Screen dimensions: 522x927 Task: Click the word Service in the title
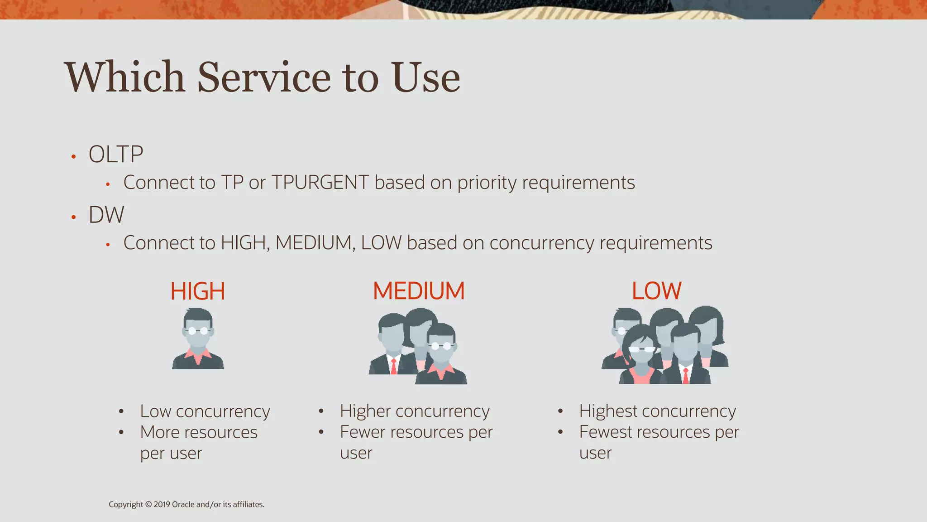[x=264, y=77]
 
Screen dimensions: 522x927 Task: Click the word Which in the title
[x=125, y=77]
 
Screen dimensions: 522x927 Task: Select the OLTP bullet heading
[x=116, y=154]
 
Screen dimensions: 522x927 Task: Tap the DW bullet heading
[x=106, y=215]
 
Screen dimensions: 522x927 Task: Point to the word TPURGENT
[x=320, y=183]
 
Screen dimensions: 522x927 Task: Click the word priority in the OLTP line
[x=487, y=183]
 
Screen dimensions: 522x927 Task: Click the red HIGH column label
[x=197, y=291]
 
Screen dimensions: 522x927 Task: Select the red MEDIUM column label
[x=419, y=291]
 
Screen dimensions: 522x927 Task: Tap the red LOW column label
[x=656, y=291]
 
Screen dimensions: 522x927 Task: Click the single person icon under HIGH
[x=198, y=339]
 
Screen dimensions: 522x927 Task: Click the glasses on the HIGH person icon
[x=198, y=330]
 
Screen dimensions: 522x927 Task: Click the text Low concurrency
[x=205, y=411]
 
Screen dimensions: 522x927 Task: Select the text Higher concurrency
[x=415, y=411]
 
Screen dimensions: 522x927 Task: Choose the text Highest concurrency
[x=657, y=411]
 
